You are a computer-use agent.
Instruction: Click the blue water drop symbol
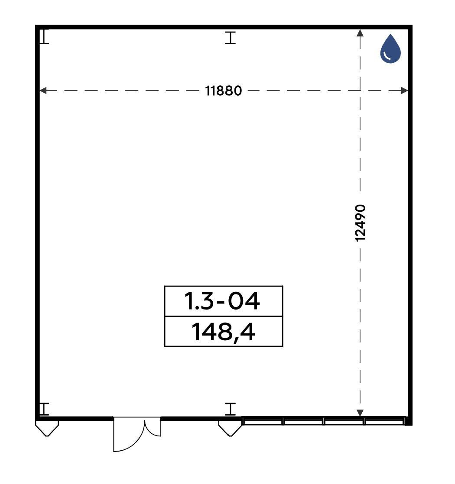tap(390, 49)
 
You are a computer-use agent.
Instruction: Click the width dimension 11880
tap(223, 91)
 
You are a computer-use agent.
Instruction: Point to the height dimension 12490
tap(360, 223)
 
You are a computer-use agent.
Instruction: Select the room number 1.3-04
tap(222, 301)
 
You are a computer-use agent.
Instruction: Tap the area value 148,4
tap(223, 332)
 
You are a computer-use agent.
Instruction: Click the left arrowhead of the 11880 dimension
tap(43, 90)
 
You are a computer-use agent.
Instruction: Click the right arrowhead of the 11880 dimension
tap(404, 90)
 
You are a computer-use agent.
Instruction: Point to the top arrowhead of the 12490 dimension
tap(360, 33)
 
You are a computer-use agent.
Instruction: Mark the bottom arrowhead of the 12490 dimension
tap(360, 413)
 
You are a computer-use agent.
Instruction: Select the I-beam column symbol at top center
tap(230, 38)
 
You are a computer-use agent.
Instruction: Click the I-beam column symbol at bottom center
tap(230, 409)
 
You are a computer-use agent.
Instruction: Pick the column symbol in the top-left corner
tap(45, 37)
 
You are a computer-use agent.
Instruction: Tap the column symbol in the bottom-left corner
tap(45, 409)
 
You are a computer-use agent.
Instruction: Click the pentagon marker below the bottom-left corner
tap(47, 429)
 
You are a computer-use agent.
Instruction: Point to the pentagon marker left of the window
tap(230, 429)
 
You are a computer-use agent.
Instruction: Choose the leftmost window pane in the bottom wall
tap(263, 421)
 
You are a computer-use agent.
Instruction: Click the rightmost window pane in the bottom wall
tap(384, 421)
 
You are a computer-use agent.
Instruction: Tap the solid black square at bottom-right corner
tap(408, 421)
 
